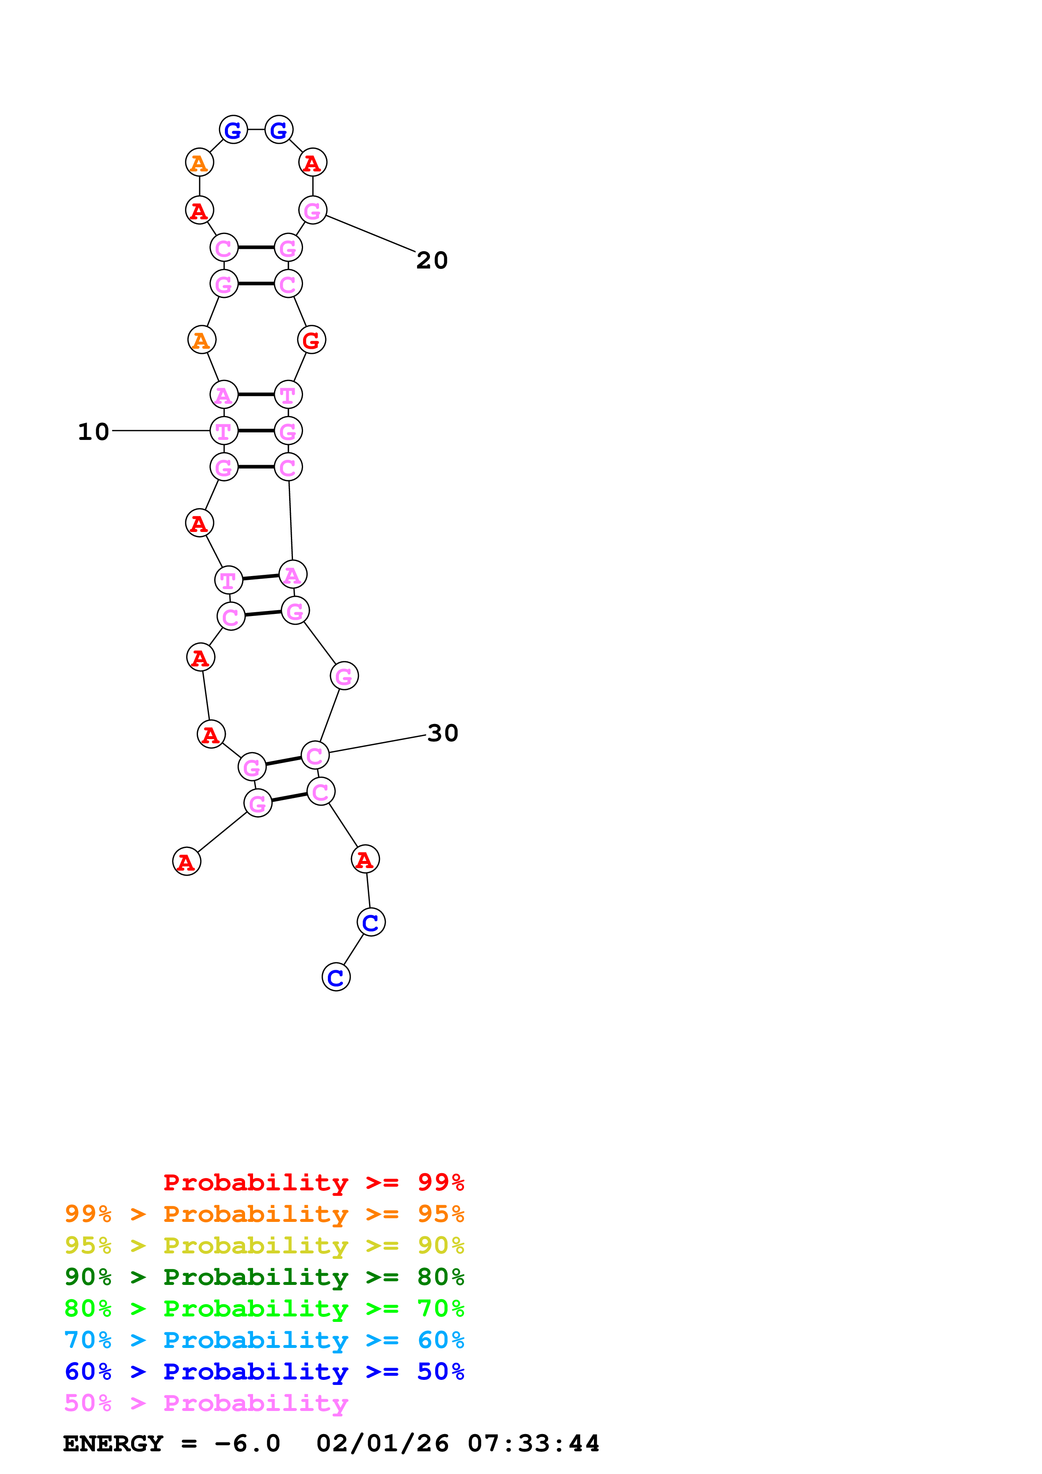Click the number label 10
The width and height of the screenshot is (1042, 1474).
tap(94, 432)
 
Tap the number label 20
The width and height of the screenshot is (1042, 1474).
tap(432, 260)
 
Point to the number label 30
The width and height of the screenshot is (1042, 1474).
tap(442, 733)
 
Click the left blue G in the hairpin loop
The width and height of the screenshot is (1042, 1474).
tap(233, 130)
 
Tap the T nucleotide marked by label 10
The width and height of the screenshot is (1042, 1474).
tap(224, 431)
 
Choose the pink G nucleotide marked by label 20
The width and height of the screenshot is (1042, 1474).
tap(313, 210)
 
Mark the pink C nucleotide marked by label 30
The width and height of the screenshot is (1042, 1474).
tap(314, 755)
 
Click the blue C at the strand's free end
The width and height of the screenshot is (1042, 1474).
tap(336, 977)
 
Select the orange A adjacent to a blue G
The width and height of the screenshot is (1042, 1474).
tap(199, 163)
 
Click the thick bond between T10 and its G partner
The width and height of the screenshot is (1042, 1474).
tap(256, 431)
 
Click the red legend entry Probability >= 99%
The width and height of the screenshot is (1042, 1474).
tap(313, 1182)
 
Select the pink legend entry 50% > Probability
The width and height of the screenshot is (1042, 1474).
tap(206, 1403)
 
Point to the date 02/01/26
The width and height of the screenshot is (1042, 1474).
tap(382, 1443)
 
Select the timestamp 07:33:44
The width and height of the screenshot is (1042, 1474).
tap(533, 1443)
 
